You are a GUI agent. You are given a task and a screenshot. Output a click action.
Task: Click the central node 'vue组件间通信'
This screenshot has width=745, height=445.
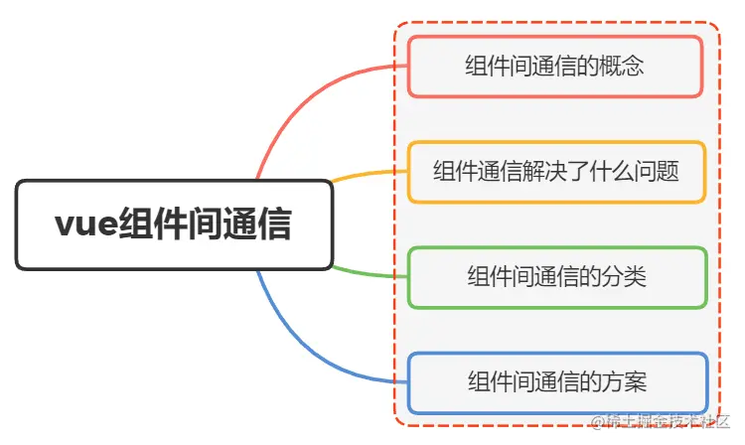coord(174,224)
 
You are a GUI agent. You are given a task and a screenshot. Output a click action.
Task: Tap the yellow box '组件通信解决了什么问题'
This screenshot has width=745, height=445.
coord(556,171)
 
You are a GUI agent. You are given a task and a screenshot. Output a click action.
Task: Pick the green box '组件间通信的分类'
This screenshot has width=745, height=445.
coord(556,276)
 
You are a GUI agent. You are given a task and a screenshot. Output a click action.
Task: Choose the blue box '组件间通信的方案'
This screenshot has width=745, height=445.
coord(556,381)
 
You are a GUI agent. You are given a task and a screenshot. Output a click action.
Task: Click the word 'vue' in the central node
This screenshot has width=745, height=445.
coord(84,224)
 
